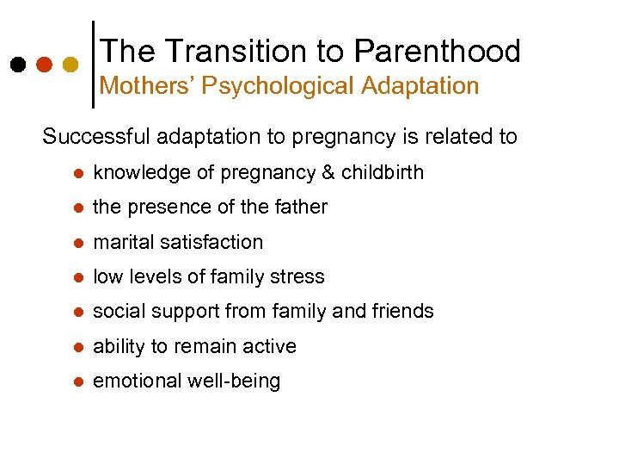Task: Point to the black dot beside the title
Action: click(18, 65)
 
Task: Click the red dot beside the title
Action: click(44, 65)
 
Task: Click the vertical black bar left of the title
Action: click(93, 64)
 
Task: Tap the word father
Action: click(301, 207)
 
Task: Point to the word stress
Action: click(299, 276)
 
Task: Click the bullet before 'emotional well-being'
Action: click(77, 381)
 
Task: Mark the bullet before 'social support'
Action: click(77, 312)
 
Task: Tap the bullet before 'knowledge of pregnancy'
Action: click(77, 173)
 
